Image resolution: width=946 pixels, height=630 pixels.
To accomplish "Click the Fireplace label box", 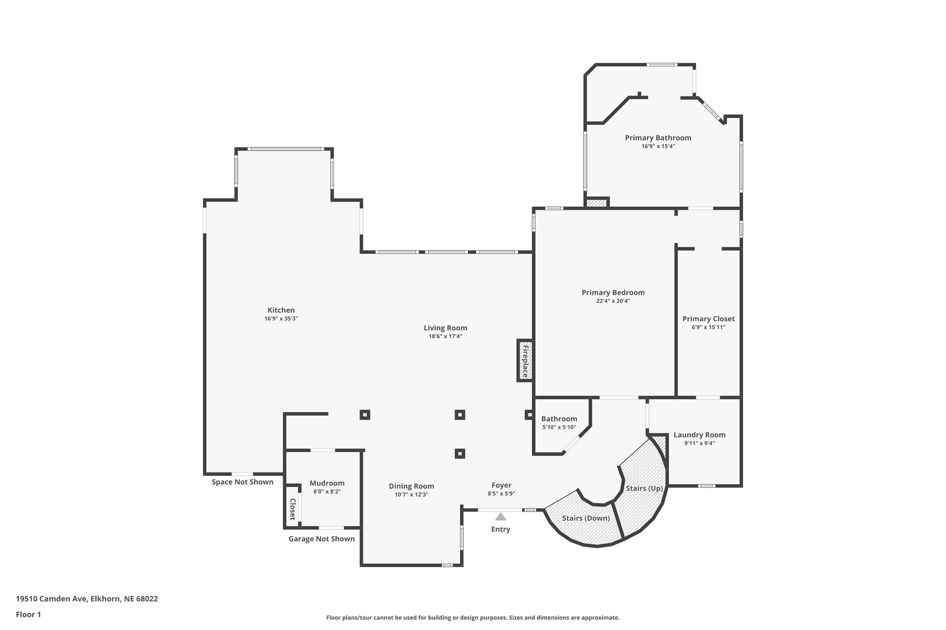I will point(525,360).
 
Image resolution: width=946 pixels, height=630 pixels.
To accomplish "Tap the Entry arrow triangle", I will point(501,516).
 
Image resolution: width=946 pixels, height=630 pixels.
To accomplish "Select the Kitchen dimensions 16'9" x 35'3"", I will point(281,318).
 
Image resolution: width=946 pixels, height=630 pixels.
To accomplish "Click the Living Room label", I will point(445,328).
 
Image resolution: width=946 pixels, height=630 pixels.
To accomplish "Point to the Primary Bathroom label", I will point(658,138).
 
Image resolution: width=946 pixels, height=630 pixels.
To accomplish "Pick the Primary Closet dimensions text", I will point(708,327).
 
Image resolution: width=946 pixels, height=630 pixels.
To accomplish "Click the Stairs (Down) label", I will point(586,518).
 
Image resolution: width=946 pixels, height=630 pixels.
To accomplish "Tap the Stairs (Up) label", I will point(644,488).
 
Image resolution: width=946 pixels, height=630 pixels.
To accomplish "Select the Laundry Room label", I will point(699,435).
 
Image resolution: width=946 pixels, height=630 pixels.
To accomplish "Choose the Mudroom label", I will point(327,483).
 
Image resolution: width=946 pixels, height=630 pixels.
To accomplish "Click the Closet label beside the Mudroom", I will point(292,509).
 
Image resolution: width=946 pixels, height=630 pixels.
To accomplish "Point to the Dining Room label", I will point(411,486).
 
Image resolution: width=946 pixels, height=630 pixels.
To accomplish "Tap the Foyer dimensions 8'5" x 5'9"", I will point(501,493).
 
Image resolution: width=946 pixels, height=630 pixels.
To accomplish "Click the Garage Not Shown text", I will point(321,539).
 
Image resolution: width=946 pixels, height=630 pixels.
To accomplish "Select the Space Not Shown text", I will point(242,482).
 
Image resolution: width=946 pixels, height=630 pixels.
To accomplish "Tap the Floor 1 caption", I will point(28,614).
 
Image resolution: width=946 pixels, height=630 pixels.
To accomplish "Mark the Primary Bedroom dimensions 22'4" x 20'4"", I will point(613,301).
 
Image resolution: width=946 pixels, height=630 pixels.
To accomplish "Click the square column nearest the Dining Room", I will point(459,454).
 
